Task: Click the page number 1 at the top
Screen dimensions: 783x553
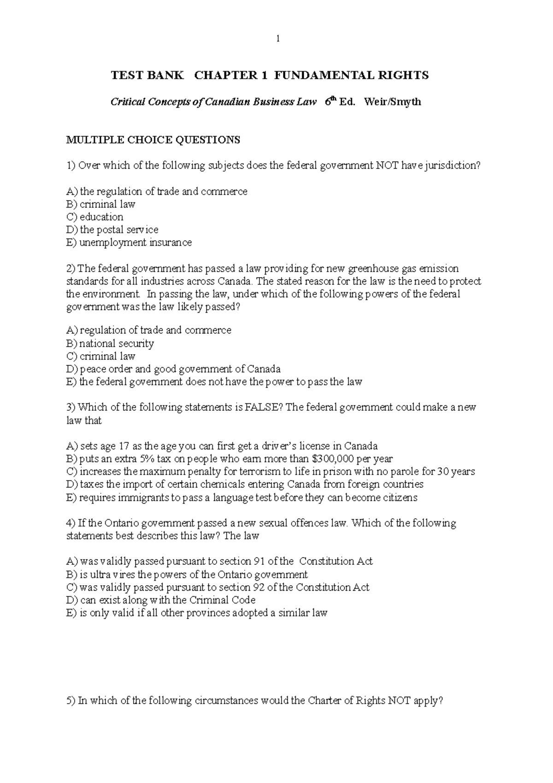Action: click(x=277, y=39)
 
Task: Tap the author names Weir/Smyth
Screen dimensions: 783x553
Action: click(x=392, y=102)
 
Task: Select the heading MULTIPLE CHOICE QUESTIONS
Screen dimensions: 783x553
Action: click(x=153, y=140)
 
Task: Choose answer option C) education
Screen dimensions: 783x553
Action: click(x=95, y=217)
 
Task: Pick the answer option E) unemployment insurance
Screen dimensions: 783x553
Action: click(x=129, y=243)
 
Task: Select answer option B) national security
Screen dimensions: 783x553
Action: click(x=110, y=343)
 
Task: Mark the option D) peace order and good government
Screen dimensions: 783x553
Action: click(x=173, y=369)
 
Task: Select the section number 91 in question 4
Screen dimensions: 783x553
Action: click(x=259, y=561)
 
